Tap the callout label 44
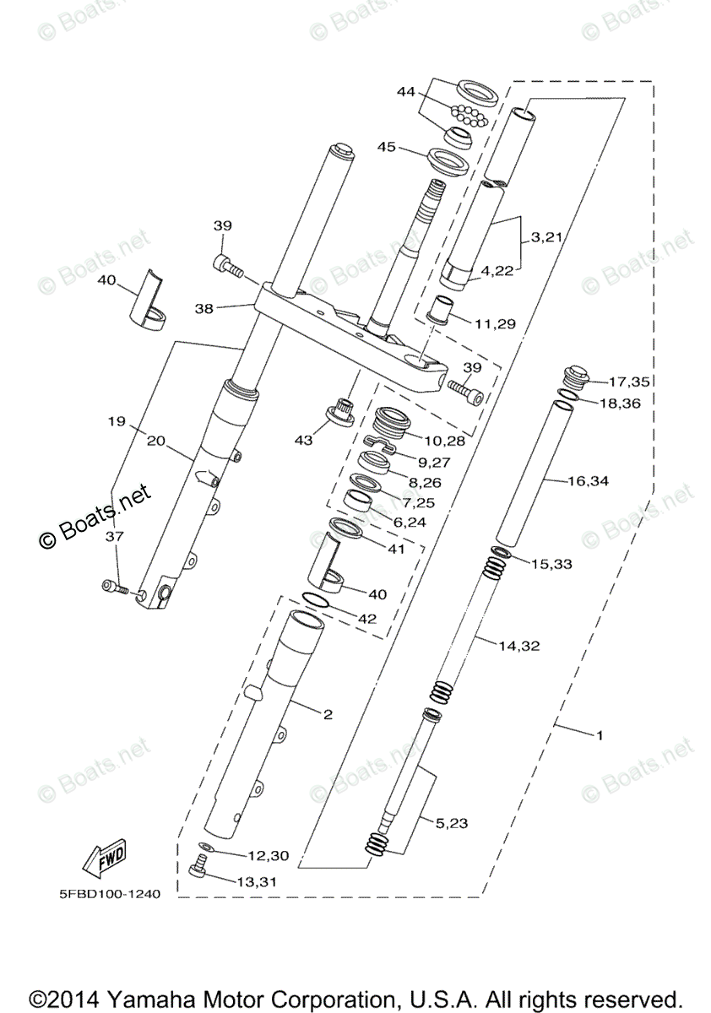[x=405, y=92]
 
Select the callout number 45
[x=387, y=147]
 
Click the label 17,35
[x=628, y=382]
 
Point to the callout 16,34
[x=588, y=480]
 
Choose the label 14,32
[x=519, y=647]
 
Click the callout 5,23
[x=452, y=824]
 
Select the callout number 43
[x=303, y=440]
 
